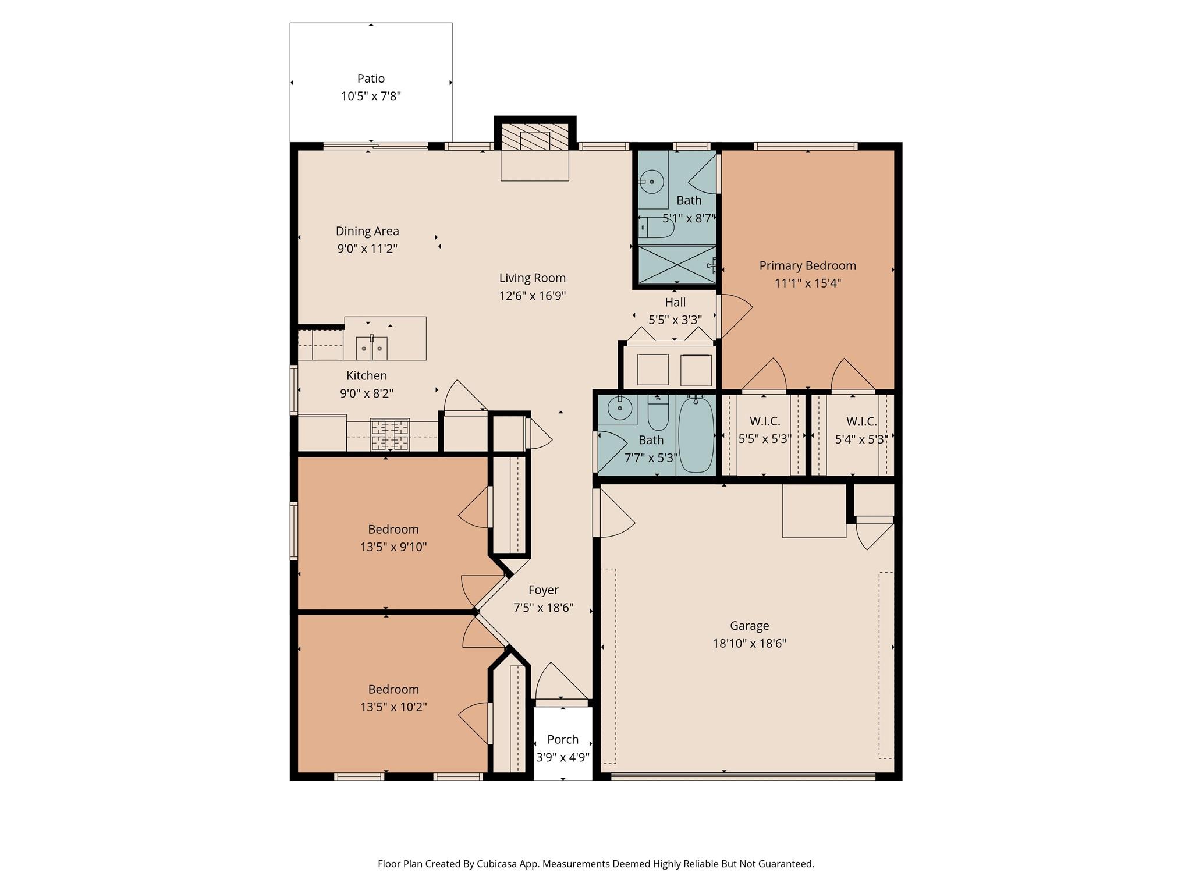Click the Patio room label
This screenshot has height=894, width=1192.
371,79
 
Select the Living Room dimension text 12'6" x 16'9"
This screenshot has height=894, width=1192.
532,296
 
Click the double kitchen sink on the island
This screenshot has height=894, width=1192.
371,348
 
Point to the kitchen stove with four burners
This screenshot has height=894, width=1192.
389,435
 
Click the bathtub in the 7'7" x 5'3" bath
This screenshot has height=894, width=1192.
696,434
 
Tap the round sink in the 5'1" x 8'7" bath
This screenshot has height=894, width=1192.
652,182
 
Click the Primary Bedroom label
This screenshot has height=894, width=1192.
807,266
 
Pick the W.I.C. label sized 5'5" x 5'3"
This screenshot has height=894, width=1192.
764,421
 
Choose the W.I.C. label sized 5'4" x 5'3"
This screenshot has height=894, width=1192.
861,421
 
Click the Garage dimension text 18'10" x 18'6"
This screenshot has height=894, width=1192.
749,644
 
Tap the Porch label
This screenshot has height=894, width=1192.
563,740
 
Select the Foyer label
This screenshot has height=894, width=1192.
543,590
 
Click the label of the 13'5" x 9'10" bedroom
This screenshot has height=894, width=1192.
393,530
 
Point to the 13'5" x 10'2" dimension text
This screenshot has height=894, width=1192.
393,707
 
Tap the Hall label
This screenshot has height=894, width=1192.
675,303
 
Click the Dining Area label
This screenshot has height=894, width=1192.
367,231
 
